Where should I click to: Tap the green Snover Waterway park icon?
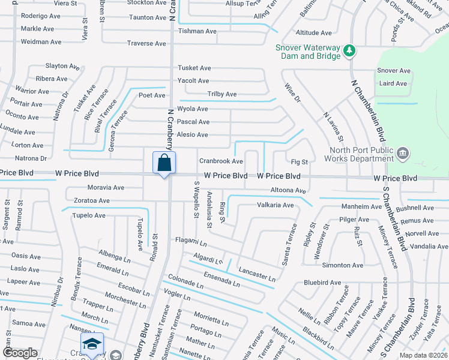pos(349,52)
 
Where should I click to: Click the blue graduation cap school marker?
pos(92,344)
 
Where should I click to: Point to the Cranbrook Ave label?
pos(221,161)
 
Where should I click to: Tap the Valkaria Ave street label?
pos(275,205)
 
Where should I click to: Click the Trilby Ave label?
pos(221,94)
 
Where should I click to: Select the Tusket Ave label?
pos(194,68)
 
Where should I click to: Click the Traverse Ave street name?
pos(146,44)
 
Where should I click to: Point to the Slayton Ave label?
pos(62,67)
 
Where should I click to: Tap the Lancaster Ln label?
pos(257,274)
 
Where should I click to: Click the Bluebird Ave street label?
pos(322,283)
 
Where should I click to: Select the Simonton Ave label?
pos(343,265)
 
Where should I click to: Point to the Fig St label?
pos(299,162)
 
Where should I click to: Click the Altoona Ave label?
pos(288,191)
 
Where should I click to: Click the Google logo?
pos(20,353)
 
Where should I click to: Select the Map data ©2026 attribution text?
pos(423,355)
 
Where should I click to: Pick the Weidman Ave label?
pos(41,42)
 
